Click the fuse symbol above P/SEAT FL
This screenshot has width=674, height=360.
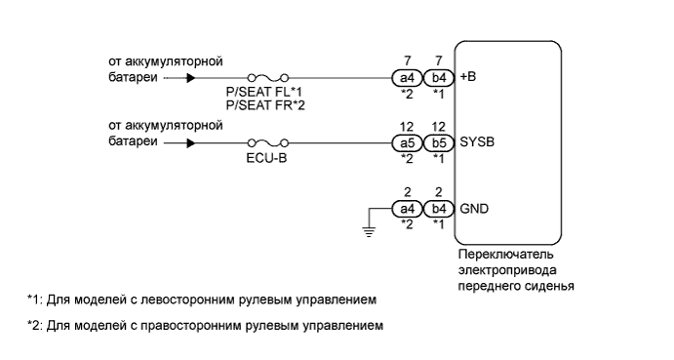[x=266, y=75]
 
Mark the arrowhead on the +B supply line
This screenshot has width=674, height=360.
[x=190, y=75]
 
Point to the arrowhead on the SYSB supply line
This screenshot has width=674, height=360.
[x=190, y=141]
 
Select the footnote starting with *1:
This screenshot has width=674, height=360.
[x=202, y=298]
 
